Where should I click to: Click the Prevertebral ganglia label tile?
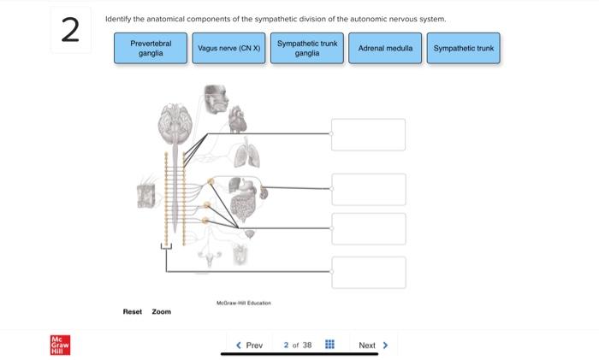[151, 48]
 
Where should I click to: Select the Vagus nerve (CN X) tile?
[228, 48]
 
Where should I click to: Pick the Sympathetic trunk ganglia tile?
[307, 48]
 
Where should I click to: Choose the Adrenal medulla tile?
[385, 48]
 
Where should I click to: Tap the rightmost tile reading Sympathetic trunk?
[464, 48]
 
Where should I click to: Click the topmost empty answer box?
[368, 134]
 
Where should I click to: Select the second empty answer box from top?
[368, 189]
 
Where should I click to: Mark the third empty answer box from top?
[368, 228]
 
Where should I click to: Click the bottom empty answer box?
[368, 272]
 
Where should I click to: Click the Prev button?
[249, 345]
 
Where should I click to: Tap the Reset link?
[133, 311]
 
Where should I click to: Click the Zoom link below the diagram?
[162, 311]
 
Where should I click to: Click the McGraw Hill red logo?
[61, 345]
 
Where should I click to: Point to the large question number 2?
[71, 31]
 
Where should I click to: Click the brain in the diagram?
[175, 125]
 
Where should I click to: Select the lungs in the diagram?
[246, 155]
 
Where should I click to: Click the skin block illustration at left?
[149, 196]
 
